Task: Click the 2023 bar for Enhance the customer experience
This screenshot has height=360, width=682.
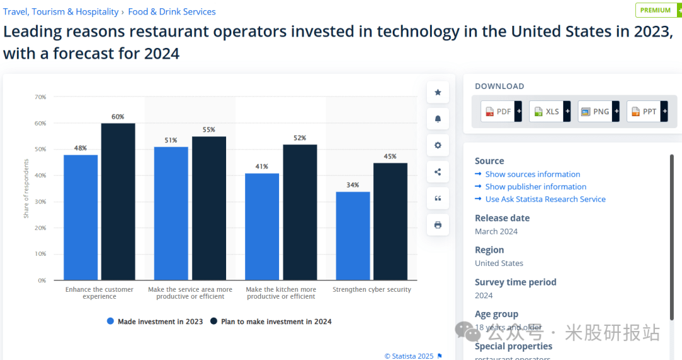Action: coord(80,217)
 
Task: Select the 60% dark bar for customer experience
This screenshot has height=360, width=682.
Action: coord(118,201)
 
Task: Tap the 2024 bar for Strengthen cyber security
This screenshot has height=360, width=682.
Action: coord(390,221)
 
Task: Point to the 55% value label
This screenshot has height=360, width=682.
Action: coord(208,129)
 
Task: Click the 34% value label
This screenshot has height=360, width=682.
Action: coord(352,185)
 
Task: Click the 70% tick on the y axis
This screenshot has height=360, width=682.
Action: coord(40,97)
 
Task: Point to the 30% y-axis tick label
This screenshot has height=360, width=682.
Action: coord(40,201)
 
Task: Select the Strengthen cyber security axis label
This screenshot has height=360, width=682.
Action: coord(371,289)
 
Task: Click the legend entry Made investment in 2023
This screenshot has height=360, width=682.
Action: coord(155,321)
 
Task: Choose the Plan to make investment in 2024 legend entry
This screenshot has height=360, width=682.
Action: coord(272,321)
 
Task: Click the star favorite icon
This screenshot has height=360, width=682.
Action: coord(438,92)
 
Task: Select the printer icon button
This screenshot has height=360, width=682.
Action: coord(438,225)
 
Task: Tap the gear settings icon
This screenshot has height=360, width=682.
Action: coord(438,145)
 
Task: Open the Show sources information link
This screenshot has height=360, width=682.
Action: coord(532,174)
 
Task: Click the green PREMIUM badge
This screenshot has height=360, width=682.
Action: coord(655,10)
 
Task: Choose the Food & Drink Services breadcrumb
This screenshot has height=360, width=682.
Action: coord(172,12)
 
